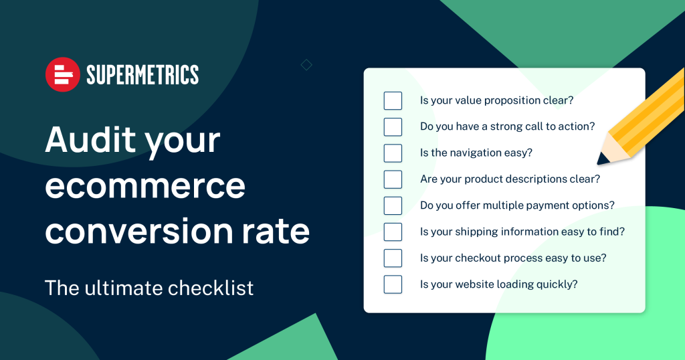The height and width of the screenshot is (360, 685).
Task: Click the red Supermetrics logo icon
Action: pyautogui.click(x=63, y=74)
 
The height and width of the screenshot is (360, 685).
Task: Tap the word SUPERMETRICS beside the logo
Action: pyautogui.click(x=142, y=75)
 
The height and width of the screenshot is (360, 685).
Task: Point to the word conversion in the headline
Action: pyautogui.click(x=139, y=231)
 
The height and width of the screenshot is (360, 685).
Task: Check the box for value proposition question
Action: pyautogui.click(x=393, y=100)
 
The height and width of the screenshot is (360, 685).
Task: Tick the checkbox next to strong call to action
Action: pyautogui.click(x=393, y=126)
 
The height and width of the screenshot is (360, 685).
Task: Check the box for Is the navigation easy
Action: pyautogui.click(x=393, y=153)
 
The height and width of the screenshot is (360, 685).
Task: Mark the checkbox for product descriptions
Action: pyautogui.click(x=393, y=179)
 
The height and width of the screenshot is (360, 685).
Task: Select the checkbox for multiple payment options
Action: pyautogui.click(x=393, y=205)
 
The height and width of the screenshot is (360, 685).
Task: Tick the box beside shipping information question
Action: pyautogui.click(x=393, y=232)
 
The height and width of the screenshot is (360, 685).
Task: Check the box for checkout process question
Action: pyautogui.click(x=393, y=258)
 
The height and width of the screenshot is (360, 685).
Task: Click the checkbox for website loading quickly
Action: pyautogui.click(x=393, y=284)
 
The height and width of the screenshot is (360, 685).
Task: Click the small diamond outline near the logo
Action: pyautogui.click(x=306, y=65)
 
